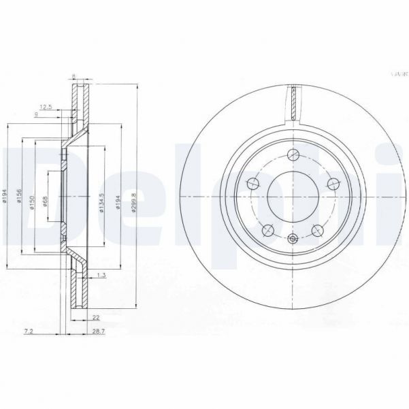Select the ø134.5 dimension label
click(101, 202)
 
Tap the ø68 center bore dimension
click(44, 202)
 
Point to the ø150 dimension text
click(31, 202)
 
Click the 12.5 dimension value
click(46, 107)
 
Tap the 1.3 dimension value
click(101, 274)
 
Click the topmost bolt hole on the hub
click(293, 154)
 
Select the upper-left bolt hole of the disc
click(252, 182)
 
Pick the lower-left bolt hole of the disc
click(267, 230)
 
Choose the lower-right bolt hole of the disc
click(318, 230)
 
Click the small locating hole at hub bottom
click(293, 238)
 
